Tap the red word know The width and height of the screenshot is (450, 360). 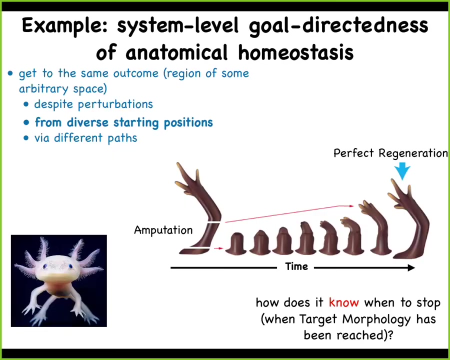coord(344,302)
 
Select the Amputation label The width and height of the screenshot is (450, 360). coord(163,230)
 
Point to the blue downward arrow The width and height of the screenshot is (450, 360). coord(402,171)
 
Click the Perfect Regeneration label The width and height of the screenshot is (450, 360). coord(390,153)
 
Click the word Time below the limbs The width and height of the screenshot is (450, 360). coord(296,266)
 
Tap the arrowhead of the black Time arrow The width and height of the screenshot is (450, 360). coord(411,268)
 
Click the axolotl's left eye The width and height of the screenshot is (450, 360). coord(44,266)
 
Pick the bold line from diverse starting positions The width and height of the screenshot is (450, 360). coord(123,122)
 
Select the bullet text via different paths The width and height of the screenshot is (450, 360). coord(86,138)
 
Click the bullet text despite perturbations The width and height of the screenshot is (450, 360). coord(93,104)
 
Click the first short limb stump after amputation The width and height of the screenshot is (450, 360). coord(236,243)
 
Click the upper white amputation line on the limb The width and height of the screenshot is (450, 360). coord(214,222)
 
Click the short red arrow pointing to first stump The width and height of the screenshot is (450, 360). coord(218,248)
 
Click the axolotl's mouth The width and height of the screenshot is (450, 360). coord(59,277)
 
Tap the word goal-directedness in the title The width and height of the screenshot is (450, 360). coord(338,26)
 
